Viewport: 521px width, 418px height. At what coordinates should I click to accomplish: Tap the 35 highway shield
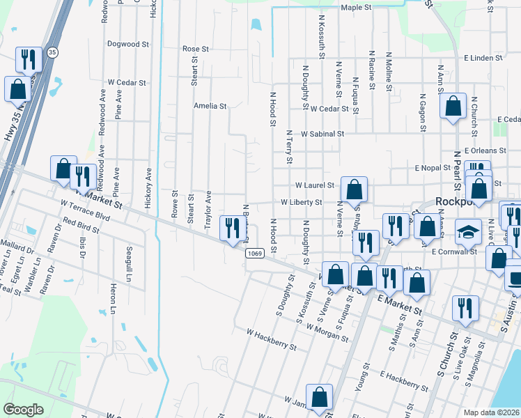(x=52, y=52)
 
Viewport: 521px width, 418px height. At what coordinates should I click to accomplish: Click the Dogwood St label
(x=128, y=44)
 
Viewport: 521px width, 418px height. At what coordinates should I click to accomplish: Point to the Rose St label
(x=196, y=49)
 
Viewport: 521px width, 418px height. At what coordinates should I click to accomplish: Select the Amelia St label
(x=210, y=107)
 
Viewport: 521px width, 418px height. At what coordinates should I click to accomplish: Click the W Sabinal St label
(x=322, y=134)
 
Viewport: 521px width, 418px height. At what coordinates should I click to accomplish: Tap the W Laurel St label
(x=315, y=186)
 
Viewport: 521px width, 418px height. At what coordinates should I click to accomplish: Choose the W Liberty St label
(x=301, y=203)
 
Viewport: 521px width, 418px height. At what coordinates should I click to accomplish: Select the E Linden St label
(x=483, y=58)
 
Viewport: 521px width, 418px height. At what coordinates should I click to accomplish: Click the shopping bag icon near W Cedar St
(x=453, y=107)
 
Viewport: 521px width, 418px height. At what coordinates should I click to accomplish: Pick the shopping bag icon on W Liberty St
(x=355, y=188)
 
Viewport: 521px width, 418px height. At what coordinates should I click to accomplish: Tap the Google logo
(x=23, y=410)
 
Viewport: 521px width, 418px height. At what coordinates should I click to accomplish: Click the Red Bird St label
(x=78, y=227)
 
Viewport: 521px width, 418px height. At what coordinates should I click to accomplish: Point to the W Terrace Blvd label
(x=85, y=210)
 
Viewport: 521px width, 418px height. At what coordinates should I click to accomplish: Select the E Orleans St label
(x=488, y=150)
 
